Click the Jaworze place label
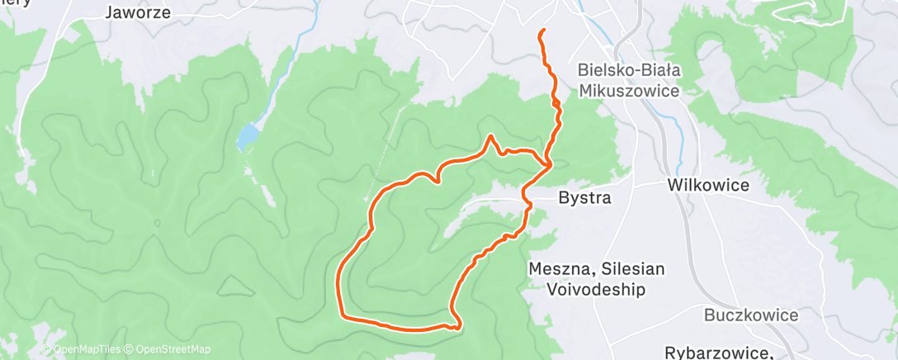138,12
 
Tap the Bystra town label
584,198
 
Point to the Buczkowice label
751,315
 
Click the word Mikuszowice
629,90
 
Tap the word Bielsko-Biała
629,71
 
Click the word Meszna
560,269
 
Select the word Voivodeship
595,289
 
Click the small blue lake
246,137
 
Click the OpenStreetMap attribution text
173,349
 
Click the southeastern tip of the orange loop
456,326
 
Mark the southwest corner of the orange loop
342,314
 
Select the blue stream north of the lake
281,74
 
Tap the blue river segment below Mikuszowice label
678,124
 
